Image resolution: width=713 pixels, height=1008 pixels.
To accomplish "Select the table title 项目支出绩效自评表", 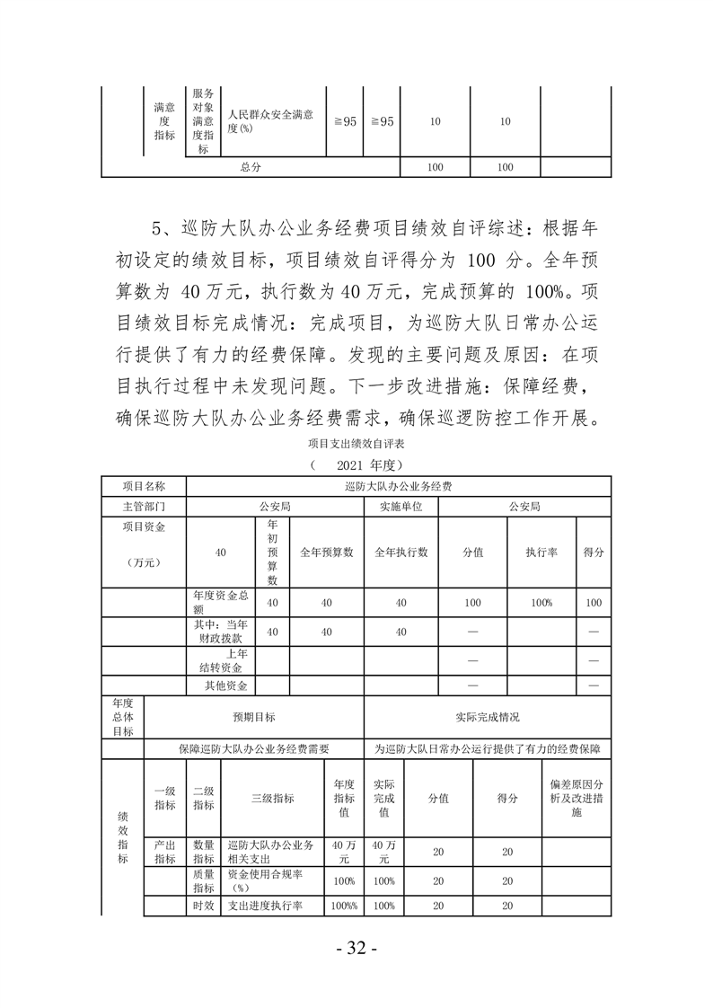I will (356, 443).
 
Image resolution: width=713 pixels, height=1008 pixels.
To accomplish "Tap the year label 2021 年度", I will (356, 464).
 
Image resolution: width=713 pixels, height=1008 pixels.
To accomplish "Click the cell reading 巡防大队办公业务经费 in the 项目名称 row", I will (398, 486).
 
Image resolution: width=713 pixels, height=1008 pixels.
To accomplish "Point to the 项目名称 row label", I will (144, 486).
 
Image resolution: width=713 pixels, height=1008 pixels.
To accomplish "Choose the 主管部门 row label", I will (144, 507).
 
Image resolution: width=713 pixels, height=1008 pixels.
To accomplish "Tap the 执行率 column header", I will (541, 552).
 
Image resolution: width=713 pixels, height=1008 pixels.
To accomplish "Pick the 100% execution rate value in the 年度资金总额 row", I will (541, 602).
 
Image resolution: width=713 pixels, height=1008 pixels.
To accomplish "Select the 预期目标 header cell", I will (254, 717).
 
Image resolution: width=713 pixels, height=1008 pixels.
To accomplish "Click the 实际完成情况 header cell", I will (488, 717).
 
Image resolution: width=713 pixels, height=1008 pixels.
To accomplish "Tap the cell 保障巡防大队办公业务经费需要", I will (254, 748).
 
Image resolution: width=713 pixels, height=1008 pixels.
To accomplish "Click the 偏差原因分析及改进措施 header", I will (577, 798).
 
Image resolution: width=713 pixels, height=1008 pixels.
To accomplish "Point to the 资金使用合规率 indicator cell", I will (270, 880).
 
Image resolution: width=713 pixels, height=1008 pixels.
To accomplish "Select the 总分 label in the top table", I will (251, 168).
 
